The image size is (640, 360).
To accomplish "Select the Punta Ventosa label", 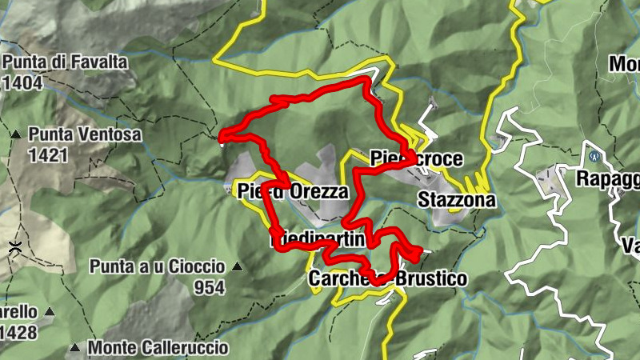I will (86, 134).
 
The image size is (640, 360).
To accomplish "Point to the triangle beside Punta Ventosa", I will (16, 134).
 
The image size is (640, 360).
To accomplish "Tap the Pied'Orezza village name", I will (293, 192).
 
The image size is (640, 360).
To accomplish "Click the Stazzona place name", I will (456, 199).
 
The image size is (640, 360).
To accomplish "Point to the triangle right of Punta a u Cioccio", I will (237, 266).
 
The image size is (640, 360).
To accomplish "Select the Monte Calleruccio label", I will (158, 348).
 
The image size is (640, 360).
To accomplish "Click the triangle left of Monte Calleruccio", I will (74, 348).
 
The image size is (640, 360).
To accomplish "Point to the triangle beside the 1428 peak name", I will (50, 311).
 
